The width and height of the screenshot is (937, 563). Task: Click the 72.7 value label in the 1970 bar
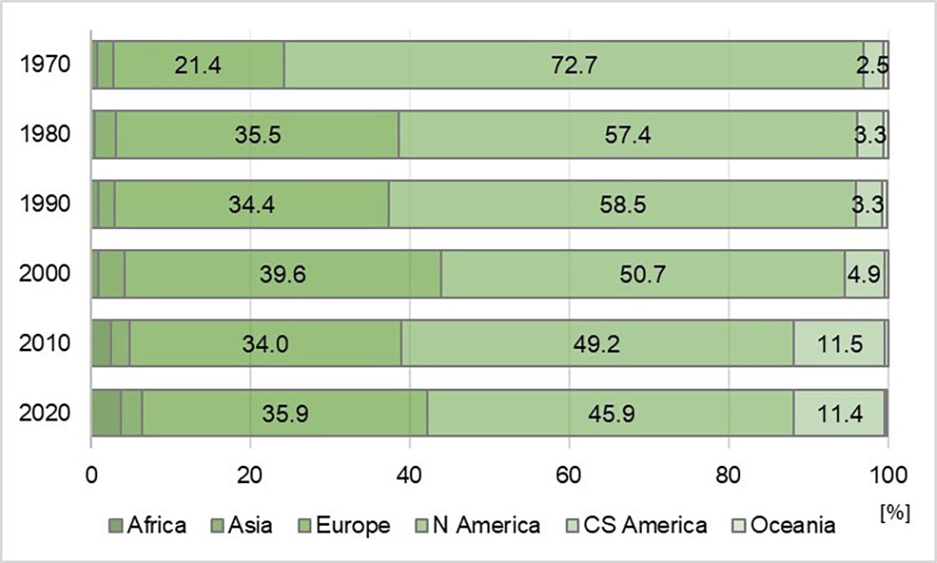(573, 65)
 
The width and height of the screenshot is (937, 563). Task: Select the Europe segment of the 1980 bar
(258, 134)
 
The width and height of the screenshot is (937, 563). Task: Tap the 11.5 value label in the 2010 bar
(840, 344)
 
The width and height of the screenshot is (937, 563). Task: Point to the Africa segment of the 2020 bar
(107, 413)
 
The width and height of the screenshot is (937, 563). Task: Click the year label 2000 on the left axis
(45, 274)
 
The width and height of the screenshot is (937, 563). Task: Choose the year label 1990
(45, 204)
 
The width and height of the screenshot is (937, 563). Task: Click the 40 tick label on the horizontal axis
(410, 475)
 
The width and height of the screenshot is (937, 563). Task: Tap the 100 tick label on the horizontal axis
(888, 475)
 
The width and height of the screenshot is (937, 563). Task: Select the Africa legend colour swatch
(115, 526)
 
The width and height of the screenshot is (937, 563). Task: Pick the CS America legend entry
(637, 526)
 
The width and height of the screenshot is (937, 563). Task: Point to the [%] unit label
(894, 512)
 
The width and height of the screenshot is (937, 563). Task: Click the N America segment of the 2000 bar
(643, 274)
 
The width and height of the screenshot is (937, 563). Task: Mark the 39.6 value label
(283, 274)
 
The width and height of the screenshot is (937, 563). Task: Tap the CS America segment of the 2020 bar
(839, 413)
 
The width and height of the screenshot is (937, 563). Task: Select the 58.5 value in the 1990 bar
(623, 205)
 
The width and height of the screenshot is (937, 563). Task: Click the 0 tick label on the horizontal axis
(91, 475)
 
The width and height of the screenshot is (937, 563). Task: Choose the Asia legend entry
(243, 526)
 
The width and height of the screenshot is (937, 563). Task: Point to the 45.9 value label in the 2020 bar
(611, 414)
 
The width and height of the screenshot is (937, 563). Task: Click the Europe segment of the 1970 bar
(199, 65)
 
